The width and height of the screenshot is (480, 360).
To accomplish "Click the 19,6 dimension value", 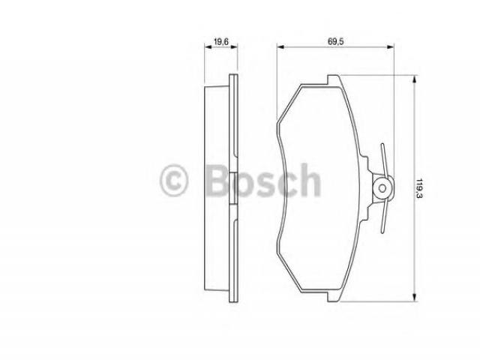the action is (x=221, y=42).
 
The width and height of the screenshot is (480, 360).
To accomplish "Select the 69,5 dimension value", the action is (x=336, y=42).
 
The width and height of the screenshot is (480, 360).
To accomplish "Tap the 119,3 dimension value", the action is (x=419, y=187).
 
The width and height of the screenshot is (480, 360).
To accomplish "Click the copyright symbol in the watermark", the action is (x=173, y=180).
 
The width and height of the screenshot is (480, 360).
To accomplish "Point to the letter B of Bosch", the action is (x=218, y=180).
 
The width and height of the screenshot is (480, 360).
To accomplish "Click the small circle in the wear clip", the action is (x=382, y=188).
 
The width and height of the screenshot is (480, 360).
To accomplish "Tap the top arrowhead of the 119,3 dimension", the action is (x=414, y=79).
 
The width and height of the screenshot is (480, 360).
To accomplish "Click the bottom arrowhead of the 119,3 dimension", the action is (x=414, y=298).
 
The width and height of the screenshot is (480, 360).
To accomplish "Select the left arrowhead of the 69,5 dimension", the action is (x=280, y=46).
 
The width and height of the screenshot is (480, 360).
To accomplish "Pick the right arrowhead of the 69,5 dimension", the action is (x=390, y=46).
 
